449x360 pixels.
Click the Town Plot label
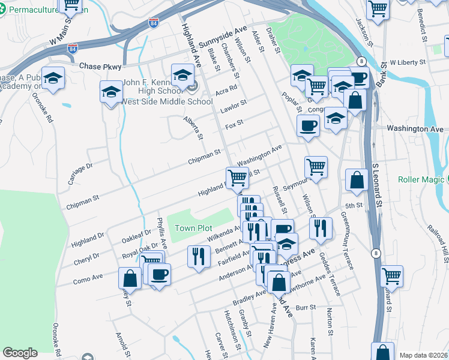[193, 228]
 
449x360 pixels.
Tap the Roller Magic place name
[423, 179]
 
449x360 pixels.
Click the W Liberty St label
[408, 62]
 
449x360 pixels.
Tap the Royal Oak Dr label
[140, 249]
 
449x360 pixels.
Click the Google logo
[20, 353]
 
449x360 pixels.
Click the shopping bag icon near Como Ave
[130, 278]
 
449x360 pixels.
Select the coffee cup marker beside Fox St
[309, 125]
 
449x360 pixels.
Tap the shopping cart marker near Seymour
[316, 166]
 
